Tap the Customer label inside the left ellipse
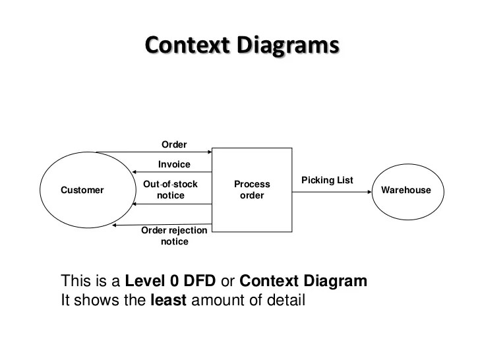pyautogui.click(x=82, y=191)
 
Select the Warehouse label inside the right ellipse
pyautogui.click(x=406, y=191)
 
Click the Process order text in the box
pyautogui.click(x=252, y=190)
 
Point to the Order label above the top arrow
pyautogui.click(x=174, y=144)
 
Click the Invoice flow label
pyautogui.click(x=174, y=164)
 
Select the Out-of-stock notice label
pyautogui.click(x=170, y=190)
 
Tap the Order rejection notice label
pyautogui.click(x=174, y=236)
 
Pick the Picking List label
pyautogui.click(x=327, y=180)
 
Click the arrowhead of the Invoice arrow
pyautogui.click(x=131, y=171)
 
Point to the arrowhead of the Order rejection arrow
pyautogui.click(x=115, y=225)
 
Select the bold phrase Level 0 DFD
pyautogui.click(x=170, y=282)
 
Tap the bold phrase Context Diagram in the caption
pyautogui.click(x=303, y=282)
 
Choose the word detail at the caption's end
pyautogui.click(x=285, y=301)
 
